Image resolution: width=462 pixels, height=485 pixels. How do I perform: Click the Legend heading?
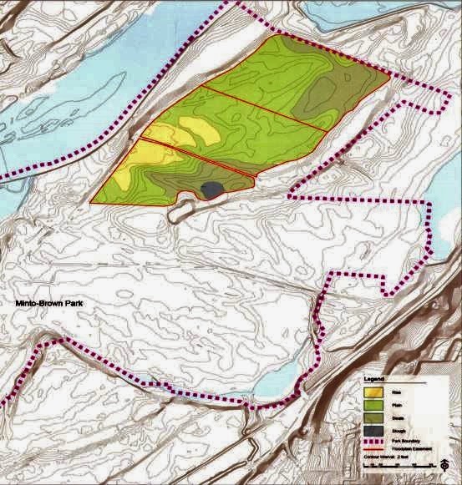click(x=373, y=380)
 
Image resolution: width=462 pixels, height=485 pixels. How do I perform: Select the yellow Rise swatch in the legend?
click(x=373, y=391)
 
